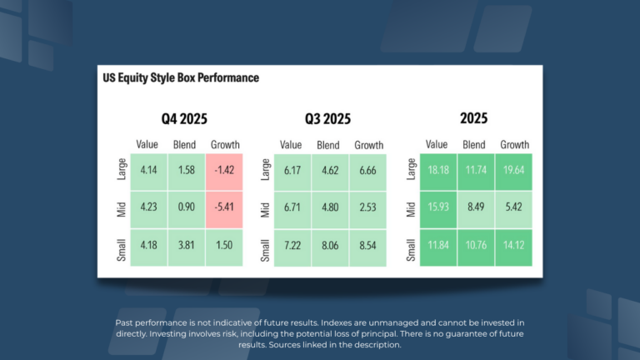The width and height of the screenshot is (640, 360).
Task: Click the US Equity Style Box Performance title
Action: click(x=180, y=78)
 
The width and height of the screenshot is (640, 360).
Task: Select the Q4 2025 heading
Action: click(x=184, y=118)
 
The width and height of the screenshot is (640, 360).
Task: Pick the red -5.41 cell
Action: click(x=224, y=209)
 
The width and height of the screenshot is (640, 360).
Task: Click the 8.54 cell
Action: click(x=368, y=247)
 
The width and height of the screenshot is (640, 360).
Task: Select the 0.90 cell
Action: click(x=185, y=209)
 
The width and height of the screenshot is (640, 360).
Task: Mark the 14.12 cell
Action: click(x=514, y=247)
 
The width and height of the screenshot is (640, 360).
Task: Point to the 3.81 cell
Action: click(x=185, y=247)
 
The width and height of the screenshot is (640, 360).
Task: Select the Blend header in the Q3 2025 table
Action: click(x=328, y=144)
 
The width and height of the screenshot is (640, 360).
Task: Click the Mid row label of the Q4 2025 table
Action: click(x=122, y=209)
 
